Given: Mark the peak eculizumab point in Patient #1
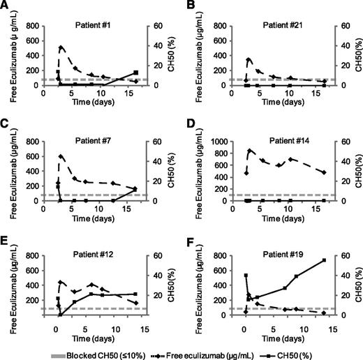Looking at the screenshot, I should [61, 47].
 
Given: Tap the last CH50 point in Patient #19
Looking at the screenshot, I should [324, 260].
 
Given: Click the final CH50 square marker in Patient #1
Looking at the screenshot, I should [136, 73].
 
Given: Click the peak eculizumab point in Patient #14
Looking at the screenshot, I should [250, 150].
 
